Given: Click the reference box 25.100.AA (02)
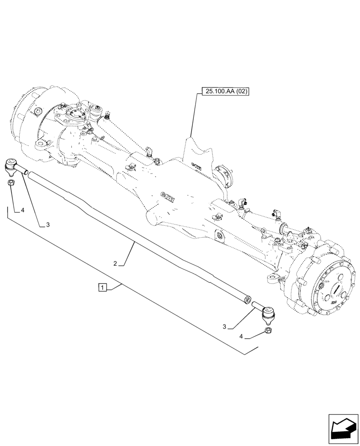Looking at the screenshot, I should coord(225,92).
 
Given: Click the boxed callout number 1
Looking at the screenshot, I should coord(102,287).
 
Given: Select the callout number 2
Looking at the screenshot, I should coord(115,264).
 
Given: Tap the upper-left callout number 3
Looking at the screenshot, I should coord(47,225).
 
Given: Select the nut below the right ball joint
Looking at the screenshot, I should coord(269,330).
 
